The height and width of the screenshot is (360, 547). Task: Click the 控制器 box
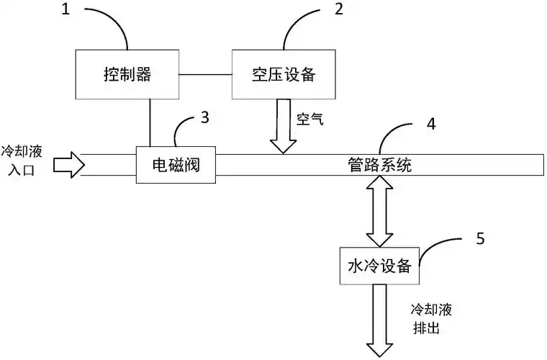pyautogui.click(x=127, y=74)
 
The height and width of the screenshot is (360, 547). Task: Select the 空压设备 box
pyautogui.click(x=283, y=74)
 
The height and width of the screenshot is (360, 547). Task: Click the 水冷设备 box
pyautogui.click(x=379, y=266)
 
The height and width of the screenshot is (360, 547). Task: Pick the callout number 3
pyautogui.click(x=205, y=117)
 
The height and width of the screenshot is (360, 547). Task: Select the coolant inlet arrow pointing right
pyautogui.click(x=70, y=165)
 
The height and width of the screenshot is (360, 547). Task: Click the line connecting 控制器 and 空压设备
pyautogui.click(x=205, y=74)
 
